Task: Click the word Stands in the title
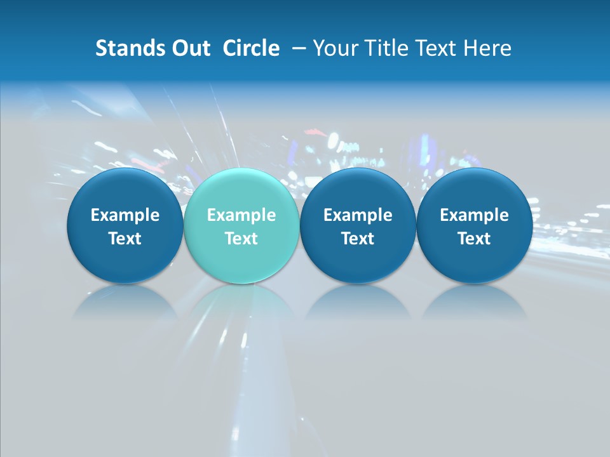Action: [129, 48]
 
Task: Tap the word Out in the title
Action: [189, 48]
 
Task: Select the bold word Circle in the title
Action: [251, 48]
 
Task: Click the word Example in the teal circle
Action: [241, 215]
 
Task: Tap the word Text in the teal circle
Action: [241, 239]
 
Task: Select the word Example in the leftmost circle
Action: [125, 215]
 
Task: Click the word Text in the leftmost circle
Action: [125, 239]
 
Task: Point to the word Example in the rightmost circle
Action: [475, 215]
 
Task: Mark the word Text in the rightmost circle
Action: [475, 239]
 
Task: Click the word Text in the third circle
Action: [358, 239]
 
